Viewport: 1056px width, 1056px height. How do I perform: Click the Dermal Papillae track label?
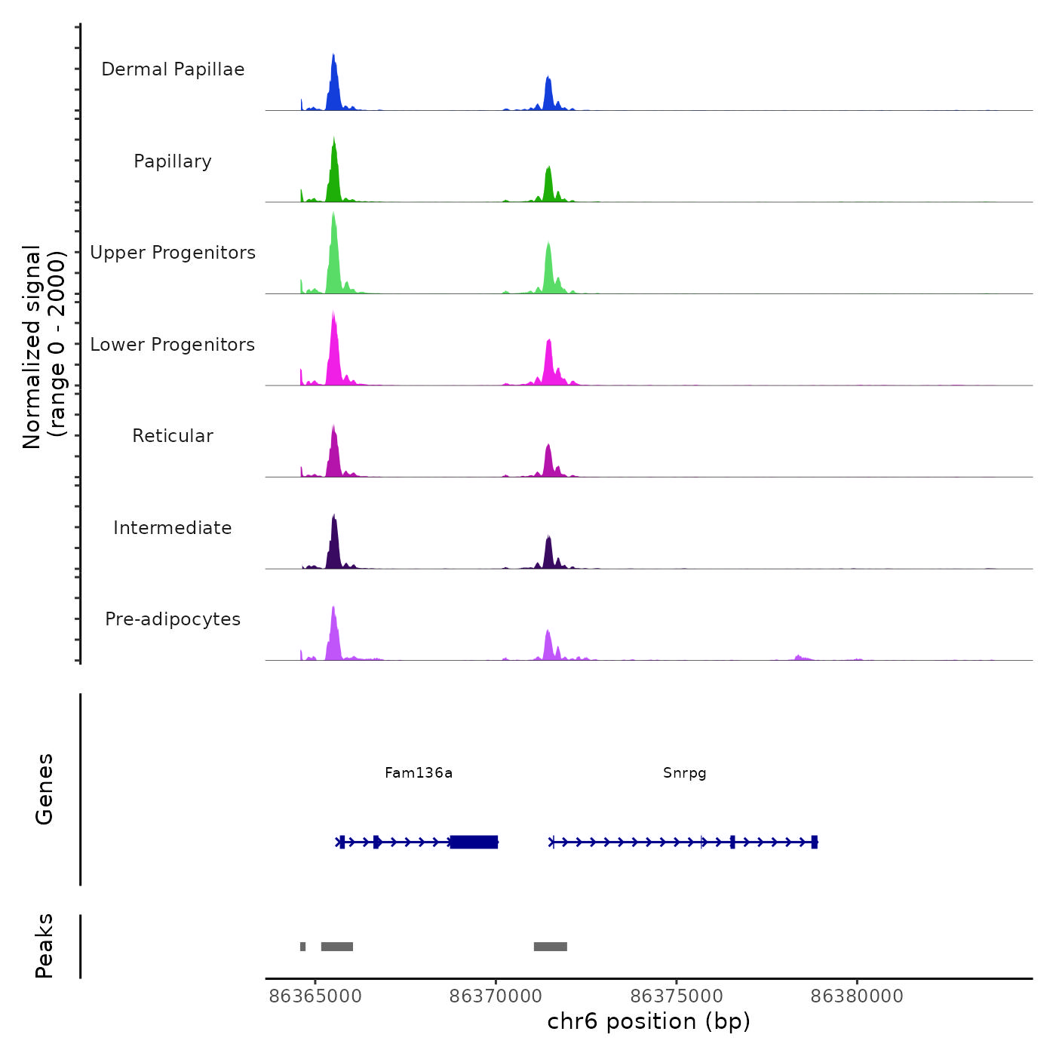(173, 69)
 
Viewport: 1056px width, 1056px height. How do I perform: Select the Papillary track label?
(173, 161)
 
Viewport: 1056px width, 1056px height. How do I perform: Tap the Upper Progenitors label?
(173, 253)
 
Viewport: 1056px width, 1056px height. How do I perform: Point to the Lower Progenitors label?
(173, 345)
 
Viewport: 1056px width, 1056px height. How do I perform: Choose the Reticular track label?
(173, 436)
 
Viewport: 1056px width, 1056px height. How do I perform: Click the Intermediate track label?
(173, 528)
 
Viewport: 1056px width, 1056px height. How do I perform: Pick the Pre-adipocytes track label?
(173, 619)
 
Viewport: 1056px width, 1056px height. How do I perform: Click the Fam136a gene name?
(419, 772)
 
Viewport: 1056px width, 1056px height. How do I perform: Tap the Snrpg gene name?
(685, 772)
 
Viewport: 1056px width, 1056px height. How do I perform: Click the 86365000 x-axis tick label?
(315, 996)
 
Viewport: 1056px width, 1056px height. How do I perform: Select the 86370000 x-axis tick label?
(496, 996)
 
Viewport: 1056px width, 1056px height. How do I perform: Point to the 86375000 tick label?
(677, 996)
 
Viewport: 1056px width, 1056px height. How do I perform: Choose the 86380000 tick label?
(857, 996)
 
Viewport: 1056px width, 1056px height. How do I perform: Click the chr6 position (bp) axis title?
(649, 1021)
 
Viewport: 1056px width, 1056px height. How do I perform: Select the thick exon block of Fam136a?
(474, 842)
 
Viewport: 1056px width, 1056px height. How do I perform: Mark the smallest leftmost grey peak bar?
(303, 947)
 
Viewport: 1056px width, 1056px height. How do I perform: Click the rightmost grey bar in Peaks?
(551, 947)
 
